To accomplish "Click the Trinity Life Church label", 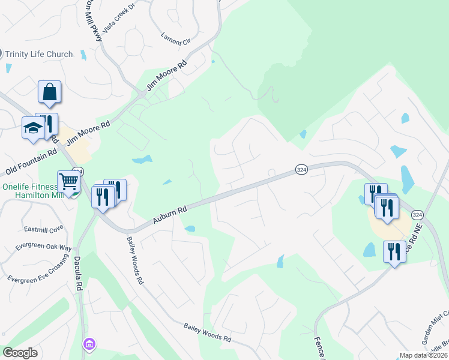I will click(39, 54).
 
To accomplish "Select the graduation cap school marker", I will click(32, 128).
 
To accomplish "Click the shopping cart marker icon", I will click(69, 182).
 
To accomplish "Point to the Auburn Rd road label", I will click(170, 214).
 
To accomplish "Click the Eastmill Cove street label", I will click(43, 228).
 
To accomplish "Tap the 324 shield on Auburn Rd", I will click(302, 171).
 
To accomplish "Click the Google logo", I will click(20, 353).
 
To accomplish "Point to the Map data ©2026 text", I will click(423, 355).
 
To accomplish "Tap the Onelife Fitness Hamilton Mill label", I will click(34, 191).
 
